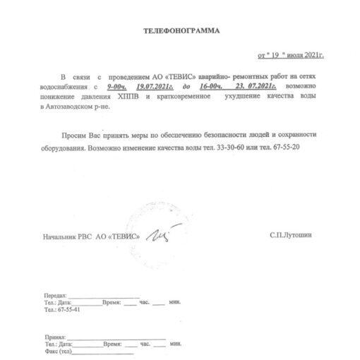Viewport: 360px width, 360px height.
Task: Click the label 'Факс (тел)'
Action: [x=58, y=352]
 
